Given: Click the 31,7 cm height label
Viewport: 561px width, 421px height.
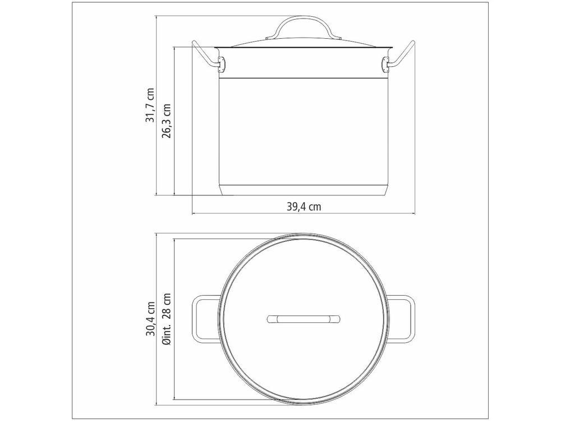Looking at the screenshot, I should pyautogui.click(x=150, y=106).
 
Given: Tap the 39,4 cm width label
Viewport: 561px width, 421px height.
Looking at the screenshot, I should pyautogui.click(x=304, y=207).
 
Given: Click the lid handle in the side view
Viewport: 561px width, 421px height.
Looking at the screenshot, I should pyautogui.click(x=304, y=22).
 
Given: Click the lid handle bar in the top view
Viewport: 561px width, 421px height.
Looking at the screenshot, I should pyautogui.click(x=304, y=319).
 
